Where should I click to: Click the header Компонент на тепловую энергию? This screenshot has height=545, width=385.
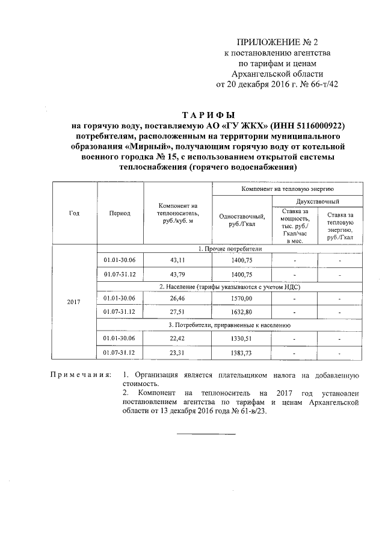click(287, 188)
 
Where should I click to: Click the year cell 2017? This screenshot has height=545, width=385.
click(74, 301)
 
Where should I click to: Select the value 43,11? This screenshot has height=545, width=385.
click(179, 260)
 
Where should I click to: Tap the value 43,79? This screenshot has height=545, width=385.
click(179, 275)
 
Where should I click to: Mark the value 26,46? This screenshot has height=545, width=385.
click(179, 298)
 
